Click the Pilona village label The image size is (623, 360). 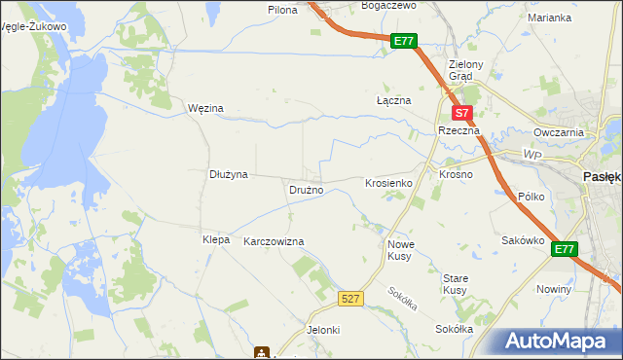point(283,9)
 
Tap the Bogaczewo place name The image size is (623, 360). point(387,5)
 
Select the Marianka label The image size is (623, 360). point(548,18)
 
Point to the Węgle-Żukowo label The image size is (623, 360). point(34,26)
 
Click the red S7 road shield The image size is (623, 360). point(464,113)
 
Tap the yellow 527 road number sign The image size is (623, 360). point(352,299)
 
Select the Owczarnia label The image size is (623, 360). point(558,132)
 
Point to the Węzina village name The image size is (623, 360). point(205,108)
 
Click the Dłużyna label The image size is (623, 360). point(230,174)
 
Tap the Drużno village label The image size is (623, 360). point(305,190)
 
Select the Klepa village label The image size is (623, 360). point(215,239)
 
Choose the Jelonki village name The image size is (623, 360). point(323,330)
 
